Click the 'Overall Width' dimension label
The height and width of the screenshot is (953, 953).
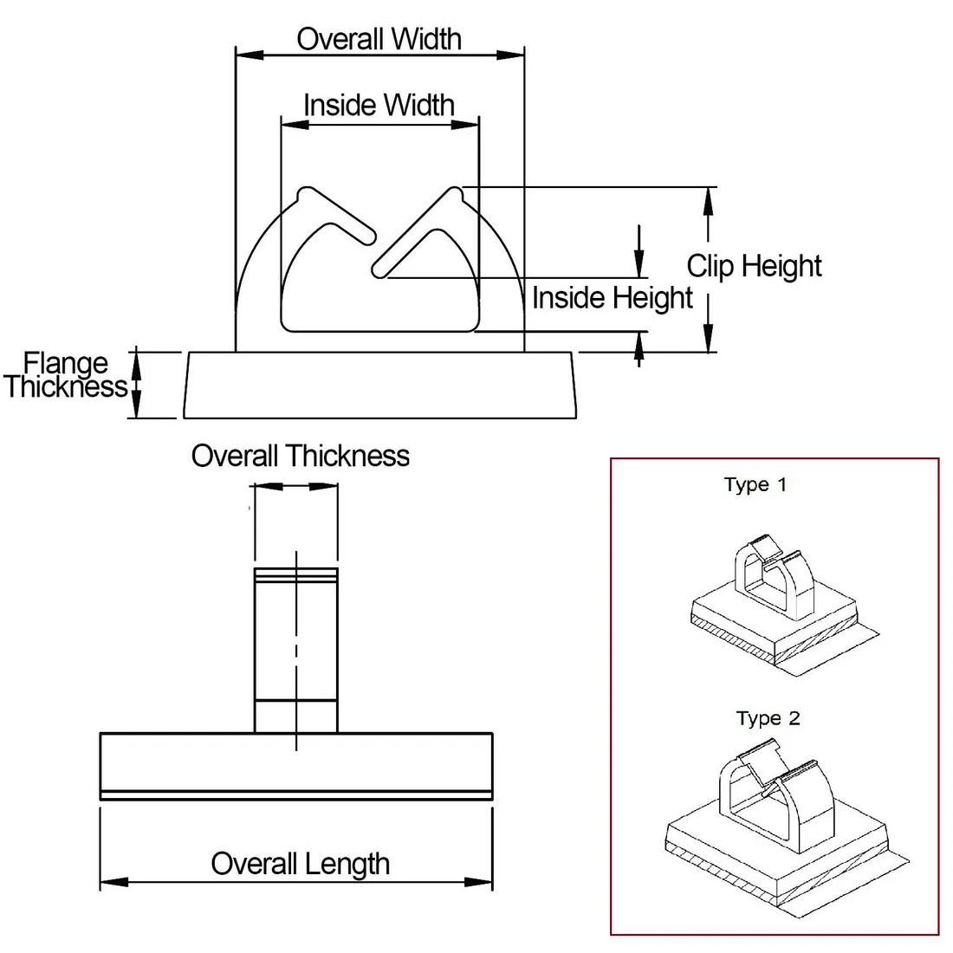point(379,39)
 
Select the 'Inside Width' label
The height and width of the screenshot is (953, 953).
point(379,105)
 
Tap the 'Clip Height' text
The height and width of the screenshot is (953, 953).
point(754,266)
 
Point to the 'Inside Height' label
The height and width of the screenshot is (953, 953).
point(612,298)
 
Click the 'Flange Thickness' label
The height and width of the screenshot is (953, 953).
point(66,375)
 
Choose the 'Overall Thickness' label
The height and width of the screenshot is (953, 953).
point(301,456)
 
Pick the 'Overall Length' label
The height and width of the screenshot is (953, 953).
point(301,864)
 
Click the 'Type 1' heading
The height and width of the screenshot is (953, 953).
point(755,484)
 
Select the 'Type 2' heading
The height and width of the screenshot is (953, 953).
point(768,718)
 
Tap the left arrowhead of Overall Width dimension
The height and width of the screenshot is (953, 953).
point(250,55)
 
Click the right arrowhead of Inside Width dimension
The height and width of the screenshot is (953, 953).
point(465,126)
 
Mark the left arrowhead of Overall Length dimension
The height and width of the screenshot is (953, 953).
point(114,882)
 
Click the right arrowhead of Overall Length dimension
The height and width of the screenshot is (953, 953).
point(478,882)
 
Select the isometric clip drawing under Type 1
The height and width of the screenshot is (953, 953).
point(785,606)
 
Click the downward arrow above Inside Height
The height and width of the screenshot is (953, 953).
point(639,252)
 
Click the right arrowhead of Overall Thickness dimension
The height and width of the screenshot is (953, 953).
point(324,486)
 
